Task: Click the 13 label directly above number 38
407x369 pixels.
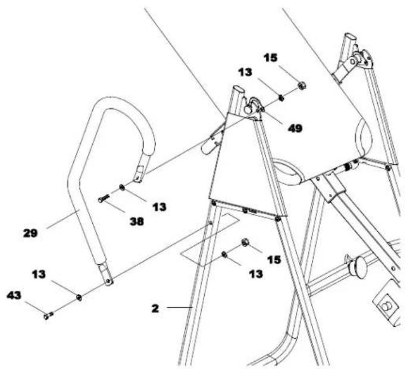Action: pos(158,207)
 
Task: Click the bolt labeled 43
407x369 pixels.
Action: pos(48,316)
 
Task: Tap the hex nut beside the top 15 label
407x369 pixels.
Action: pos(302,86)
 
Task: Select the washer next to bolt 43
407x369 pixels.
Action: pos(79,296)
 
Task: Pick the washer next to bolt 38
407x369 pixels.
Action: pos(122,188)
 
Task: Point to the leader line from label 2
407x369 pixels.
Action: pos(177,307)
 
